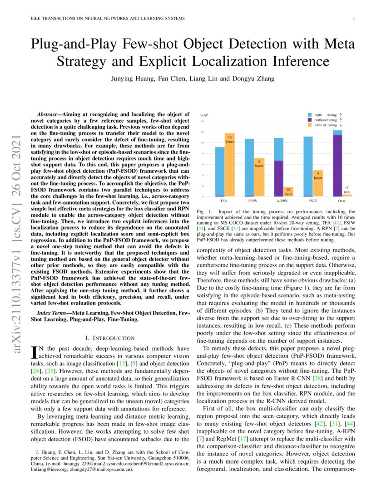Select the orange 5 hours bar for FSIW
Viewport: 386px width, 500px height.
point(258,180)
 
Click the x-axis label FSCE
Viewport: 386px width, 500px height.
point(312,200)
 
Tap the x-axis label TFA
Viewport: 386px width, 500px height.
point(224,200)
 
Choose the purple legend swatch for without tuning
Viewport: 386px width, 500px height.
point(310,120)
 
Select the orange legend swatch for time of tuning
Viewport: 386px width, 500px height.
point(310,125)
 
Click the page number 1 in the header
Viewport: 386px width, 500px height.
point(353,19)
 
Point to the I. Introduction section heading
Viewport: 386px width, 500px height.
point(110,338)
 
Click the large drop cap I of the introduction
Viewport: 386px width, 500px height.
point(33,351)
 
